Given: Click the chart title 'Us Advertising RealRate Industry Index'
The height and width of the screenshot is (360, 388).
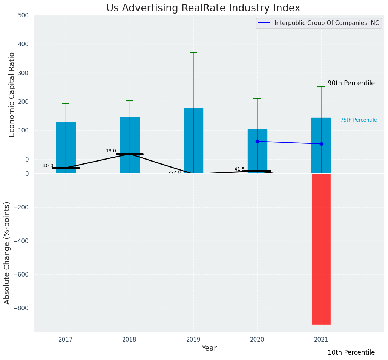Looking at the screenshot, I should [203, 8].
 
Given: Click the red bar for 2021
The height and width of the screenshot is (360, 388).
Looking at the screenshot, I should [321, 249].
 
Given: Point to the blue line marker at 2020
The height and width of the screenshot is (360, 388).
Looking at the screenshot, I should [257, 141].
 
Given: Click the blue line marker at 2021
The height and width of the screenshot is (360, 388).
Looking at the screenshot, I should [321, 144].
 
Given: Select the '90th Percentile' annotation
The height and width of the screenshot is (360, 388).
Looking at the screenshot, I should [351, 83].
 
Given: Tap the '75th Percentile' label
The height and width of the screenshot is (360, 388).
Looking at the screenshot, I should [359, 120].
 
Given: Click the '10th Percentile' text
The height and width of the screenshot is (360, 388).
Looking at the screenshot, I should [351, 352].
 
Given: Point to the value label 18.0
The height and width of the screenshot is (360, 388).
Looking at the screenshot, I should [111, 151].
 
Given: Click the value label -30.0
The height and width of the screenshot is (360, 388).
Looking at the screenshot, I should [47, 166].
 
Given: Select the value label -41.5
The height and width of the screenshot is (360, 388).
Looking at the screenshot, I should [239, 169].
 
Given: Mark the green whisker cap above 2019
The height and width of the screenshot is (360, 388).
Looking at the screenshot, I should [193, 52].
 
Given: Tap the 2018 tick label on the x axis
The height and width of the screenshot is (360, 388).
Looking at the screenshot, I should [130, 339].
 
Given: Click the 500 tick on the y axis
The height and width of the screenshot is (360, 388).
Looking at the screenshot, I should [23, 15].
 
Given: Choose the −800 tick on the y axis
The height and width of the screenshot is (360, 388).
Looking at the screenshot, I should [21, 308].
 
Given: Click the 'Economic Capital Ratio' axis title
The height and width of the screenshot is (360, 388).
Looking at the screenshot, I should [12, 94].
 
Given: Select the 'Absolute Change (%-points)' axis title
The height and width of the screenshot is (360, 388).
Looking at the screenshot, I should [7, 252].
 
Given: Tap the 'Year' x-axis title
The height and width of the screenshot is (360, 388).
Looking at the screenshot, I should [209, 348].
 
